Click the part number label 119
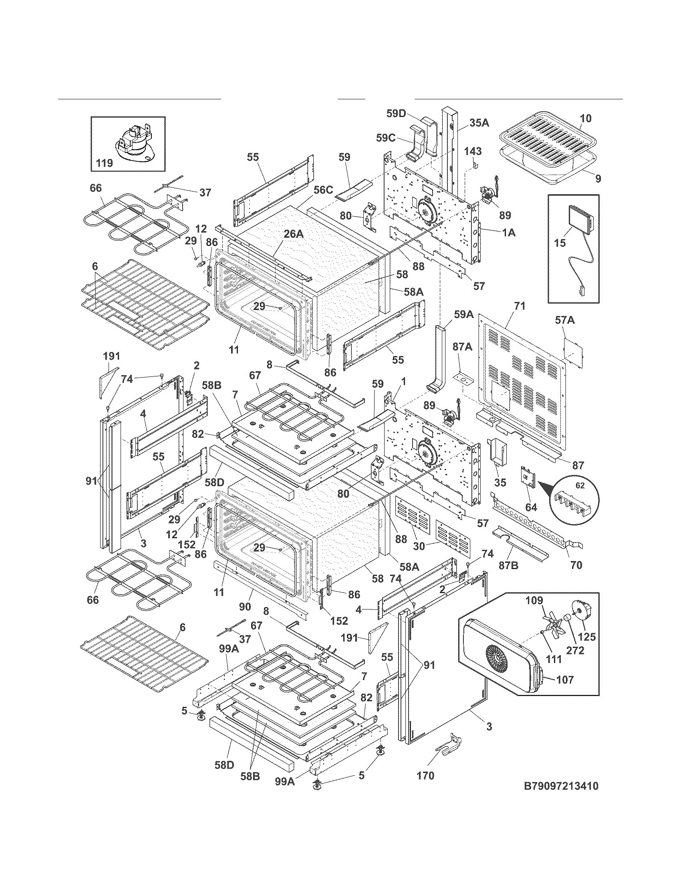click(105, 163)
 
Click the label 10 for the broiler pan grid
click(586, 118)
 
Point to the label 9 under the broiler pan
click(598, 178)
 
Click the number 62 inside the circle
click(580, 486)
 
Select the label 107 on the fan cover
click(565, 680)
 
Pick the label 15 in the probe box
click(560, 243)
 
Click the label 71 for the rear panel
click(520, 306)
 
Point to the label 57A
click(565, 320)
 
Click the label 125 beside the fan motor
click(587, 637)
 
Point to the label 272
click(575, 650)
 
